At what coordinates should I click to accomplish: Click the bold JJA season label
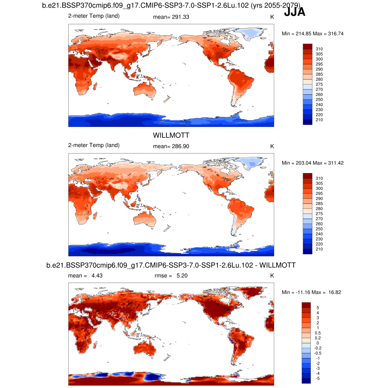[x=294, y=12]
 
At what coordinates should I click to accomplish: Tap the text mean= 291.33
[x=171, y=17]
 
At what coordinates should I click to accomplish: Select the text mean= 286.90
[x=171, y=146]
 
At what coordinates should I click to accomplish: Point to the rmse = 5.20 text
[x=171, y=275]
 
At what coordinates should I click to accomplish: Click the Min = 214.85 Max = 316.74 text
[x=313, y=34]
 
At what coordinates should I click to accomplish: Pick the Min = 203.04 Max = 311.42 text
[x=313, y=163]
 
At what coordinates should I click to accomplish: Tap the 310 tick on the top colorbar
[x=319, y=49]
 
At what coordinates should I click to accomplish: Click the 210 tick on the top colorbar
[x=319, y=120]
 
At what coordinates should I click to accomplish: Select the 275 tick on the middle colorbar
[x=319, y=214]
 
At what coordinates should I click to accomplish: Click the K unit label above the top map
[x=272, y=17]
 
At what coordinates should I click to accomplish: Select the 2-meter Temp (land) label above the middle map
[x=94, y=145]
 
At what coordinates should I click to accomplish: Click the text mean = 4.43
[x=85, y=275]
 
